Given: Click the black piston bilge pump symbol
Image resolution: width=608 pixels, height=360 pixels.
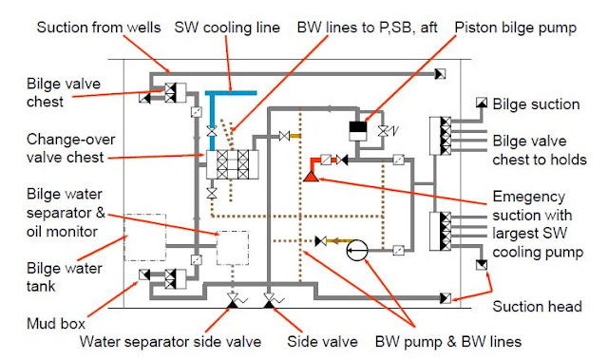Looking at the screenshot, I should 358,126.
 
